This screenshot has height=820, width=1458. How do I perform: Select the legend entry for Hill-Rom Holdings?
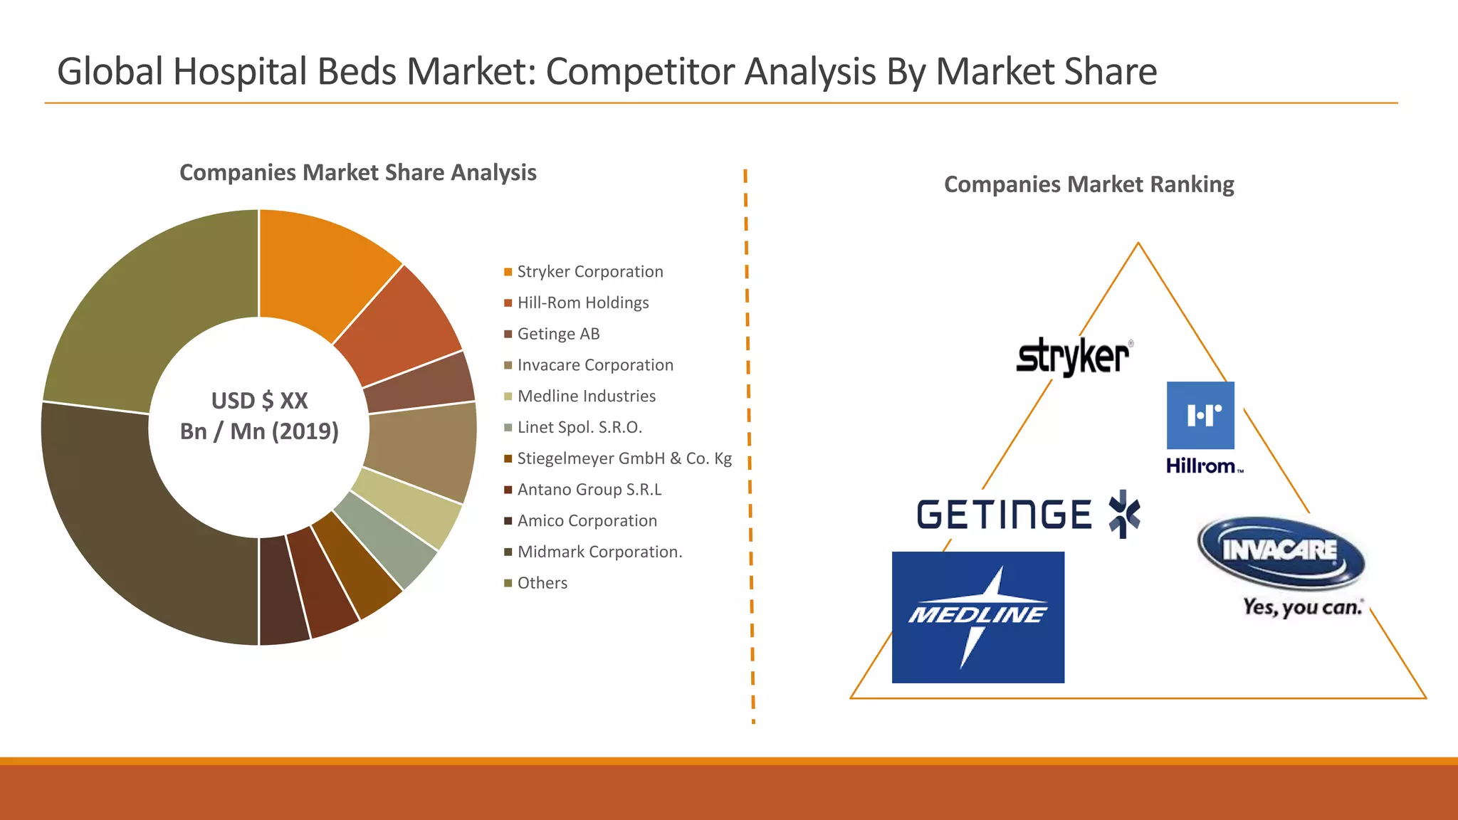[x=582, y=303]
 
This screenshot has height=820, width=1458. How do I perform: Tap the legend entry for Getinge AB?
[x=558, y=334]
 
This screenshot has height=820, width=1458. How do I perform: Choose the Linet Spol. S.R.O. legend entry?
[x=579, y=427]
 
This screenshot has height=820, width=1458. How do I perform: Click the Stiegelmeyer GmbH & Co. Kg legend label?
[x=624, y=458]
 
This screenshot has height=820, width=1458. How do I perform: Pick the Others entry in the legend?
[x=542, y=583]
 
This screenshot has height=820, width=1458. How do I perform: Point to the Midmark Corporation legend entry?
[x=599, y=552]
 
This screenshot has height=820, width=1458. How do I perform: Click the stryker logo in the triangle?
[x=1073, y=356]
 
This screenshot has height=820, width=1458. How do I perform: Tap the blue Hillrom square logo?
[x=1200, y=415]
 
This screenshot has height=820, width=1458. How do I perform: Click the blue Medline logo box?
[x=977, y=617]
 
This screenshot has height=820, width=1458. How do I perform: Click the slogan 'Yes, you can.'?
[x=1302, y=607]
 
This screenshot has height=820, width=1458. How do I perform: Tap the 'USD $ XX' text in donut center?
[x=259, y=401]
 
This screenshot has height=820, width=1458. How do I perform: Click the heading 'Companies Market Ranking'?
[x=1089, y=184]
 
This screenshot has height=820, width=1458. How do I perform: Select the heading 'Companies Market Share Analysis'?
[x=357, y=173]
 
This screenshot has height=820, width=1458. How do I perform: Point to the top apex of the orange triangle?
[x=1138, y=244]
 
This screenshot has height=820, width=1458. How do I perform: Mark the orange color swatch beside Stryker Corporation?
[x=508, y=272]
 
